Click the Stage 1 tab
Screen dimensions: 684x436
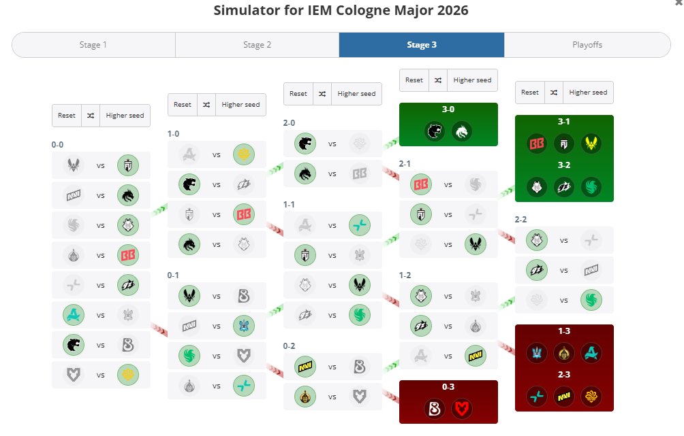click(93, 45)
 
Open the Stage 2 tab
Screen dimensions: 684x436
click(257, 45)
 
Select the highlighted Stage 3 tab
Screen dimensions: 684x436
click(422, 45)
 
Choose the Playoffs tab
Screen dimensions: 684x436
click(587, 45)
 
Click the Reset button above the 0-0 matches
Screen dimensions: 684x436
click(67, 116)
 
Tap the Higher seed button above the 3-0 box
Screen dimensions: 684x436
click(472, 80)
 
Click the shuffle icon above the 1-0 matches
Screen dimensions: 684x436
click(206, 105)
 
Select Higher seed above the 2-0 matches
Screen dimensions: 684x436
click(356, 94)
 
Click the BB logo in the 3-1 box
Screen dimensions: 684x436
click(537, 144)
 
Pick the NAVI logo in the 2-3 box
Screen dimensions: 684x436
click(563, 397)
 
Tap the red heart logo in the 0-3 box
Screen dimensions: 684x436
click(461, 409)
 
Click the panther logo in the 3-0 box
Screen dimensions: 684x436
click(435, 131)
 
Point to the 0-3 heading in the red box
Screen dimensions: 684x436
click(448, 387)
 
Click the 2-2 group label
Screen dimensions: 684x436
click(521, 220)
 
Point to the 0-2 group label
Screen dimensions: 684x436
click(289, 346)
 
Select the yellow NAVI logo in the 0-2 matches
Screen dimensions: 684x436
click(305, 367)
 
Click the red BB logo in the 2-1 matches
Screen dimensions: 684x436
click(421, 185)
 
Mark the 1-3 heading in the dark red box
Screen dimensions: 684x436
click(564, 331)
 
